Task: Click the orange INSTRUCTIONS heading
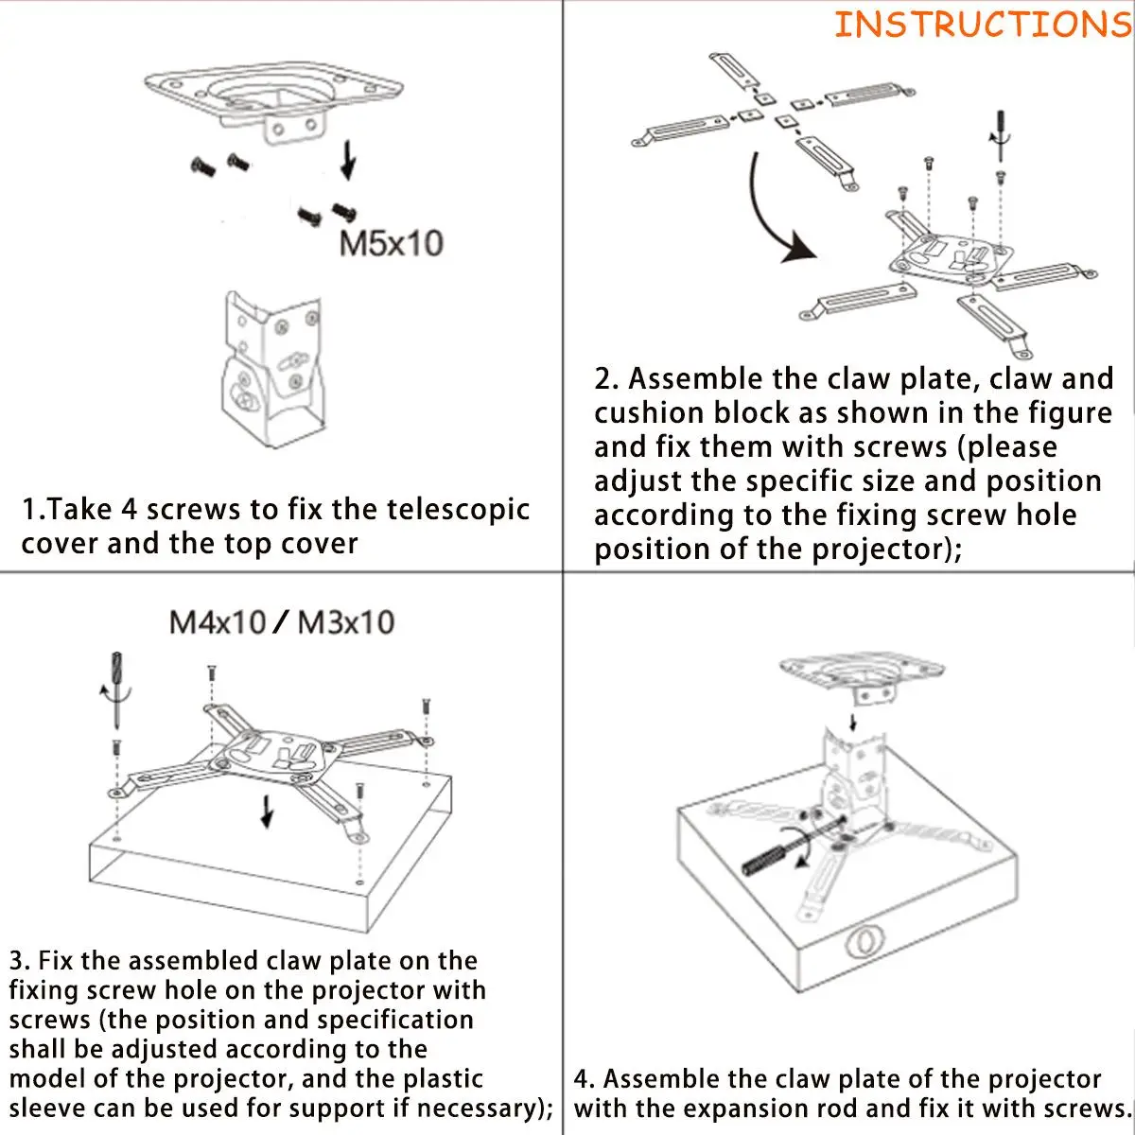click(x=982, y=24)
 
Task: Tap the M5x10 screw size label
click(x=391, y=244)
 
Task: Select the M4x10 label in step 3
click(x=217, y=622)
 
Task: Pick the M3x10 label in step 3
click(x=346, y=622)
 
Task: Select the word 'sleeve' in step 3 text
click(x=53, y=1108)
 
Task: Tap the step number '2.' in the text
click(x=606, y=379)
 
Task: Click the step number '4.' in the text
click(x=585, y=1079)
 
